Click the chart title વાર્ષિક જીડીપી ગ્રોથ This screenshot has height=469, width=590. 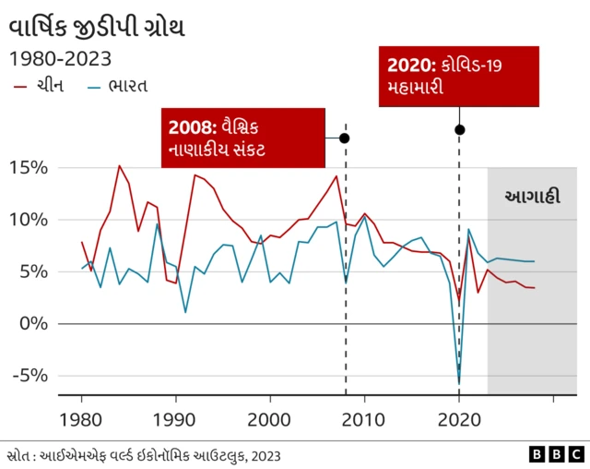(97, 26)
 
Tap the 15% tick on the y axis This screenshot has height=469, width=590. (29, 168)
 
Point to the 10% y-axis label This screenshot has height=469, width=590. (29, 220)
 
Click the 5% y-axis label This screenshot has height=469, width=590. (34, 271)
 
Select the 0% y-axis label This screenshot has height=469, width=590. (34, 323)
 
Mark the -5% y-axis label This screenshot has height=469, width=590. (30, 376)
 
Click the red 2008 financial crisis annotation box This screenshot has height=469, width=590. (243, 138)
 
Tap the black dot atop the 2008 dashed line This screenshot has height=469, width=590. (345, 138)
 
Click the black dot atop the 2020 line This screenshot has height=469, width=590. (459, 129)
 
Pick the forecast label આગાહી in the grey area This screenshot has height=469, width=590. (532, 197)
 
